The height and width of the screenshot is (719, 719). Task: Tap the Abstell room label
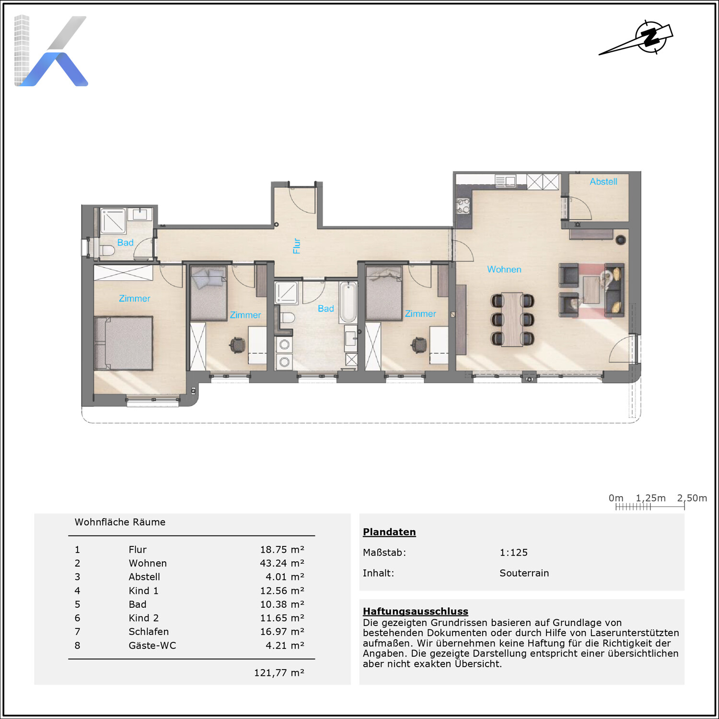tap(603, 182)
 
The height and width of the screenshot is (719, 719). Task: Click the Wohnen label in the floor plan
tap(504, 269)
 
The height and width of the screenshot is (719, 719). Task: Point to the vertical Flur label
tap(297, 246)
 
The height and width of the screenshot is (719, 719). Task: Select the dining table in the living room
tap(512, 319)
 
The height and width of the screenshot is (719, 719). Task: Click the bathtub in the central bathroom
tap(348, 302)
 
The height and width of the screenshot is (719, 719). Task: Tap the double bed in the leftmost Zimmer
tap(123, 343)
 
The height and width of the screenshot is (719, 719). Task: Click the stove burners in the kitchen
tap(463, 206)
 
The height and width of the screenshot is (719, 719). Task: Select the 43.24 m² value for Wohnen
tap(282, 563)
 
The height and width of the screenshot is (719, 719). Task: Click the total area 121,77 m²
tap(279, 673)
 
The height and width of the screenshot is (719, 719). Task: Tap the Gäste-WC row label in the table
tap(152, 646)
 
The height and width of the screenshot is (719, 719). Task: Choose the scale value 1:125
tap(513, 553)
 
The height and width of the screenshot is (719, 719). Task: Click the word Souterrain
tap(524, 573)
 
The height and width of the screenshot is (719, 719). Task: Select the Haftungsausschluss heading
tap(416, 611)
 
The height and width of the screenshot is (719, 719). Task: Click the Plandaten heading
tap(389, 532)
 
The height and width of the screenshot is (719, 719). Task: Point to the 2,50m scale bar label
tap(692, 498)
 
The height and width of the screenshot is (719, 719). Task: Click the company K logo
tap(51, 51)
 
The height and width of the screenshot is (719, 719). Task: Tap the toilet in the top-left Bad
tap(107, 250)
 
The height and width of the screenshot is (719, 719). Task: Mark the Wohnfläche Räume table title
tap(120, 522)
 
